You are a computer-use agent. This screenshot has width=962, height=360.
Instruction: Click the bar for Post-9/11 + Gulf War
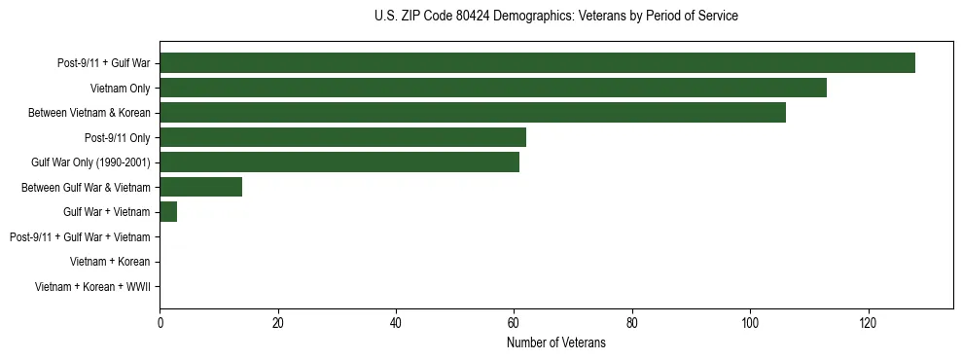pos(537,63)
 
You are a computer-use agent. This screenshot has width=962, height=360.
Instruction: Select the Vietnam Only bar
pos(493,88)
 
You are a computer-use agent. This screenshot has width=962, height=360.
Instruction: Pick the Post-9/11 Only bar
pos(342,137)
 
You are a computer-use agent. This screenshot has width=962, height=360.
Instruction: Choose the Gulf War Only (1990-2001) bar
pos(339,162)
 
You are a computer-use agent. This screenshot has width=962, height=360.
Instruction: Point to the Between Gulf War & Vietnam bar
pos(200,187)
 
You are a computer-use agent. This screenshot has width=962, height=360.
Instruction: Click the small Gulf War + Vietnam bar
pos(168,212)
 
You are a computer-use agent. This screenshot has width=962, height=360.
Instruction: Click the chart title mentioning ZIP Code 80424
pos(555,17)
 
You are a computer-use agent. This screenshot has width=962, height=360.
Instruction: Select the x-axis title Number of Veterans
pos(555,342)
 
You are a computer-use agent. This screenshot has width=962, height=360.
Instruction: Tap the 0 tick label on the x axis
pos(160,323)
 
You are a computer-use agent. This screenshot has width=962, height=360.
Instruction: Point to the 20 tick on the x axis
pos(277,323)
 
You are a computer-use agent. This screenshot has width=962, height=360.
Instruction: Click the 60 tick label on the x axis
pos(514,323)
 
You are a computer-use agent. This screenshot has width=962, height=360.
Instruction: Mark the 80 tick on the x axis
pos(632,323)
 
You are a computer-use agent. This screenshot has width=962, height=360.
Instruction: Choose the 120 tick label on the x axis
pos(868,323)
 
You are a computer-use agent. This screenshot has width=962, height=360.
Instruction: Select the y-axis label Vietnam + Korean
pos(109,262)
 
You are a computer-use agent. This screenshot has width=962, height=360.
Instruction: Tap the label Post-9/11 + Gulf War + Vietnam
pos(79,237)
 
